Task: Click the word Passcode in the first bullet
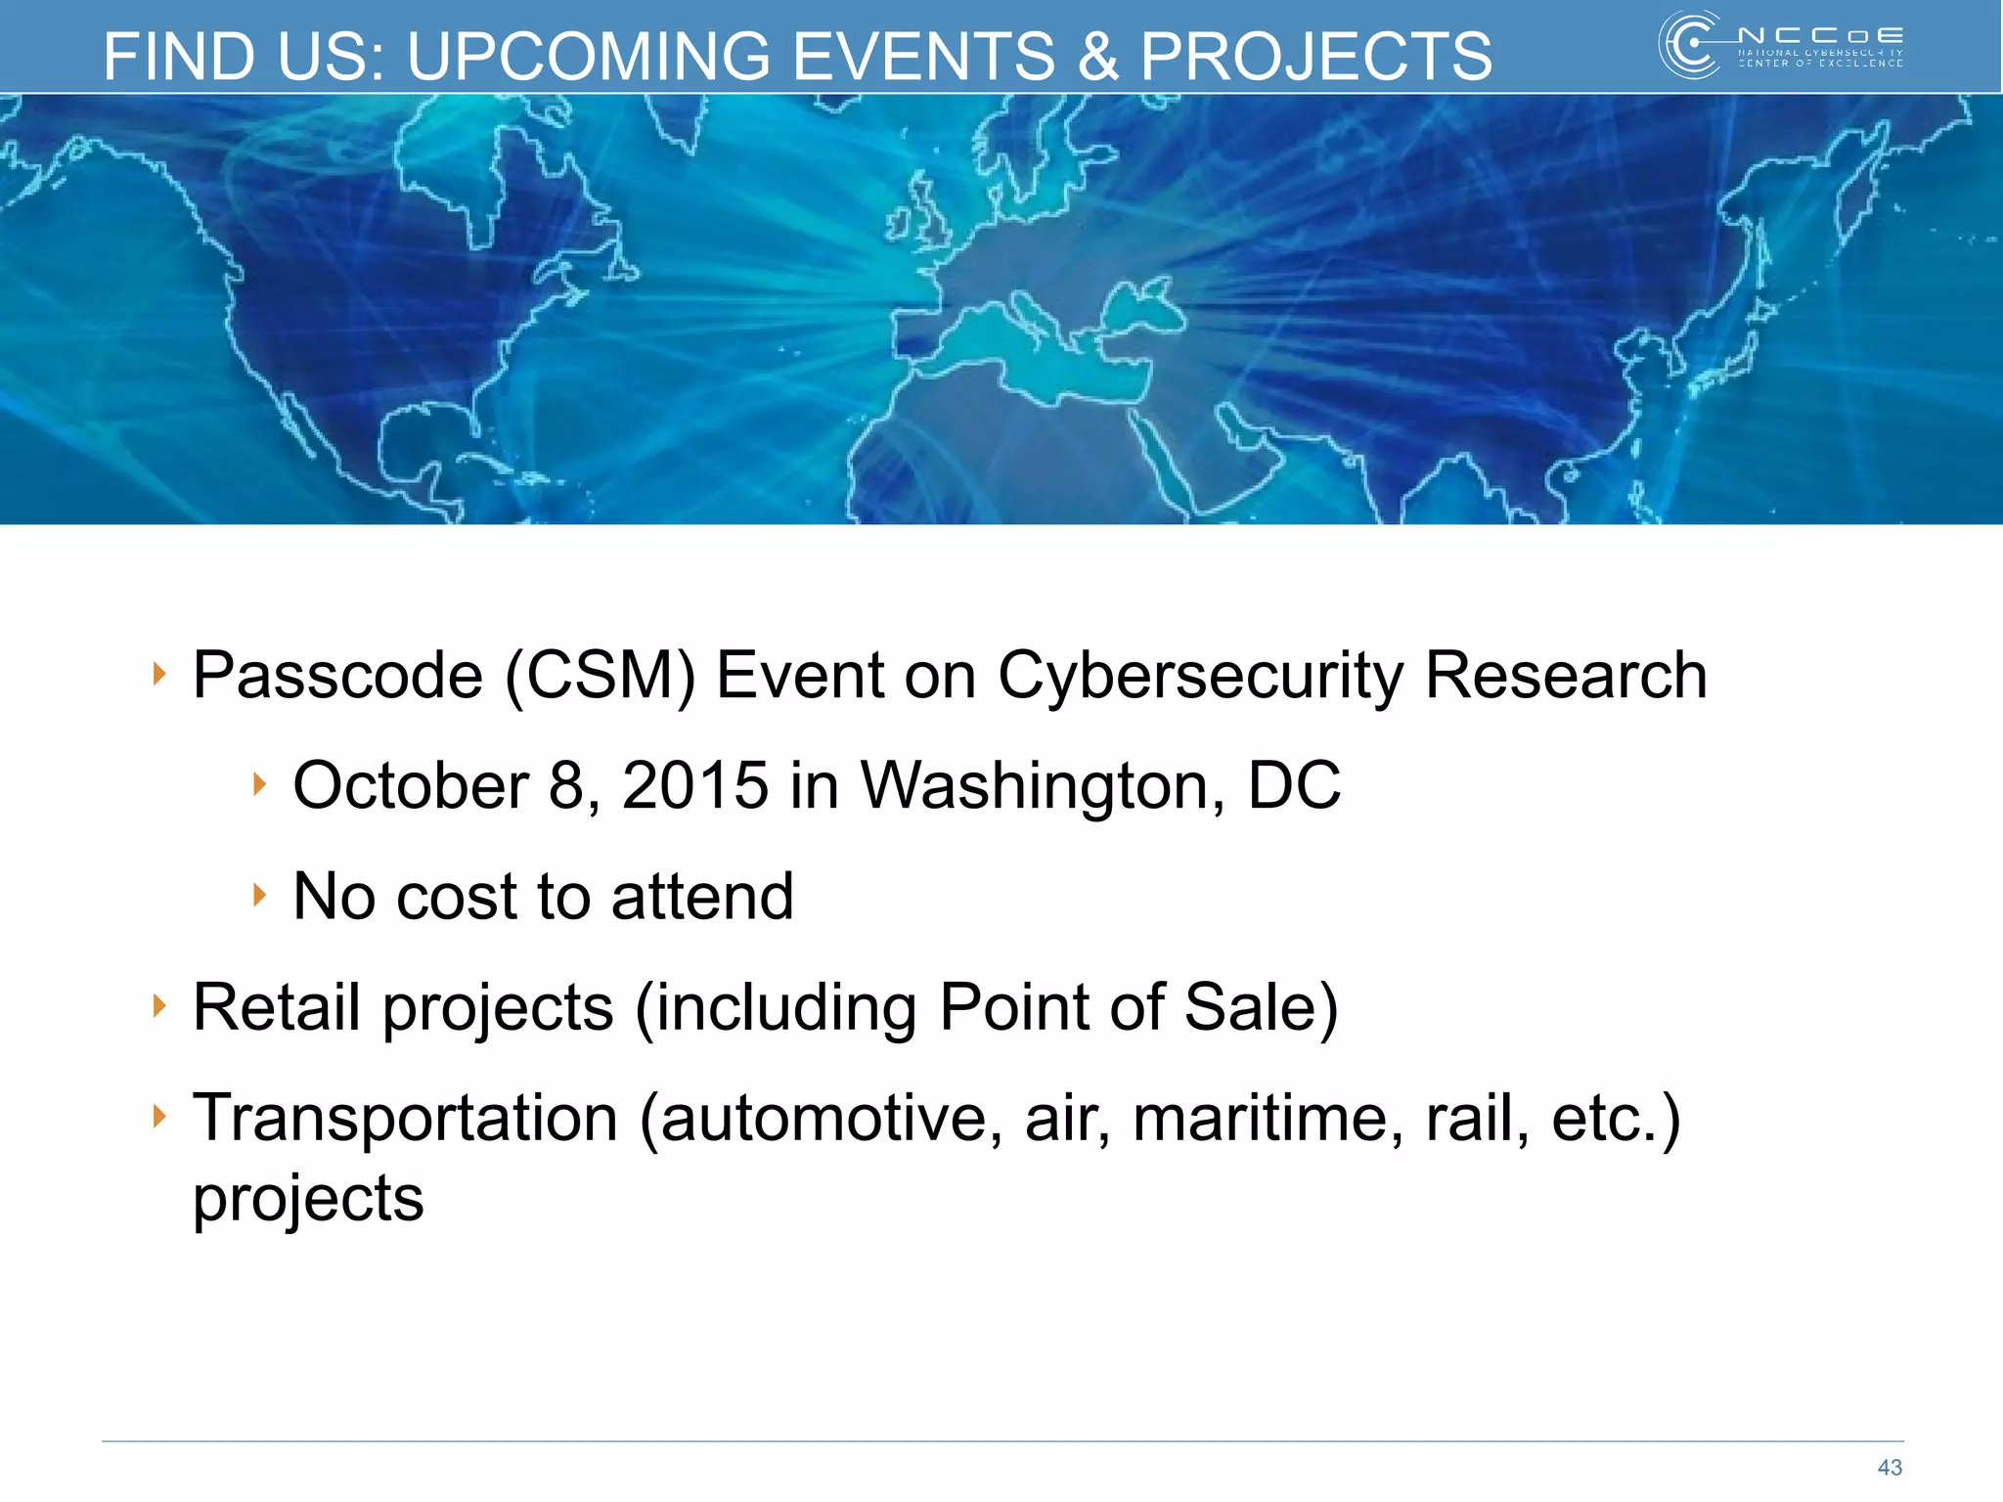[x=337, y=677]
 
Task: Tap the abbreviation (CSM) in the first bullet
[x=600, y=677]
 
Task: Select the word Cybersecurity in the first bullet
[x=1200, y=677]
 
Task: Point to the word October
[x=411, y=785]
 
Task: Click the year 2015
[x=695, y=785]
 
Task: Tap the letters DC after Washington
[x=1294, y=785]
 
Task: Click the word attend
[x=702, y=897]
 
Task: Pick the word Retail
[x=277, y=1007]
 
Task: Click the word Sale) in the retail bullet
[x=1261, y=1008]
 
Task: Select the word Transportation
[x=405, y=1118]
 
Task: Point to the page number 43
[x=1890, y=1467]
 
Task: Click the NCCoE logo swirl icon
[x=1690, y=45]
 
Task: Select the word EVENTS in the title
[x=923, y=57]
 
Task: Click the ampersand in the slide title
[x=1097, y=57]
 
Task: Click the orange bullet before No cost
[x=259, y=894]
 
